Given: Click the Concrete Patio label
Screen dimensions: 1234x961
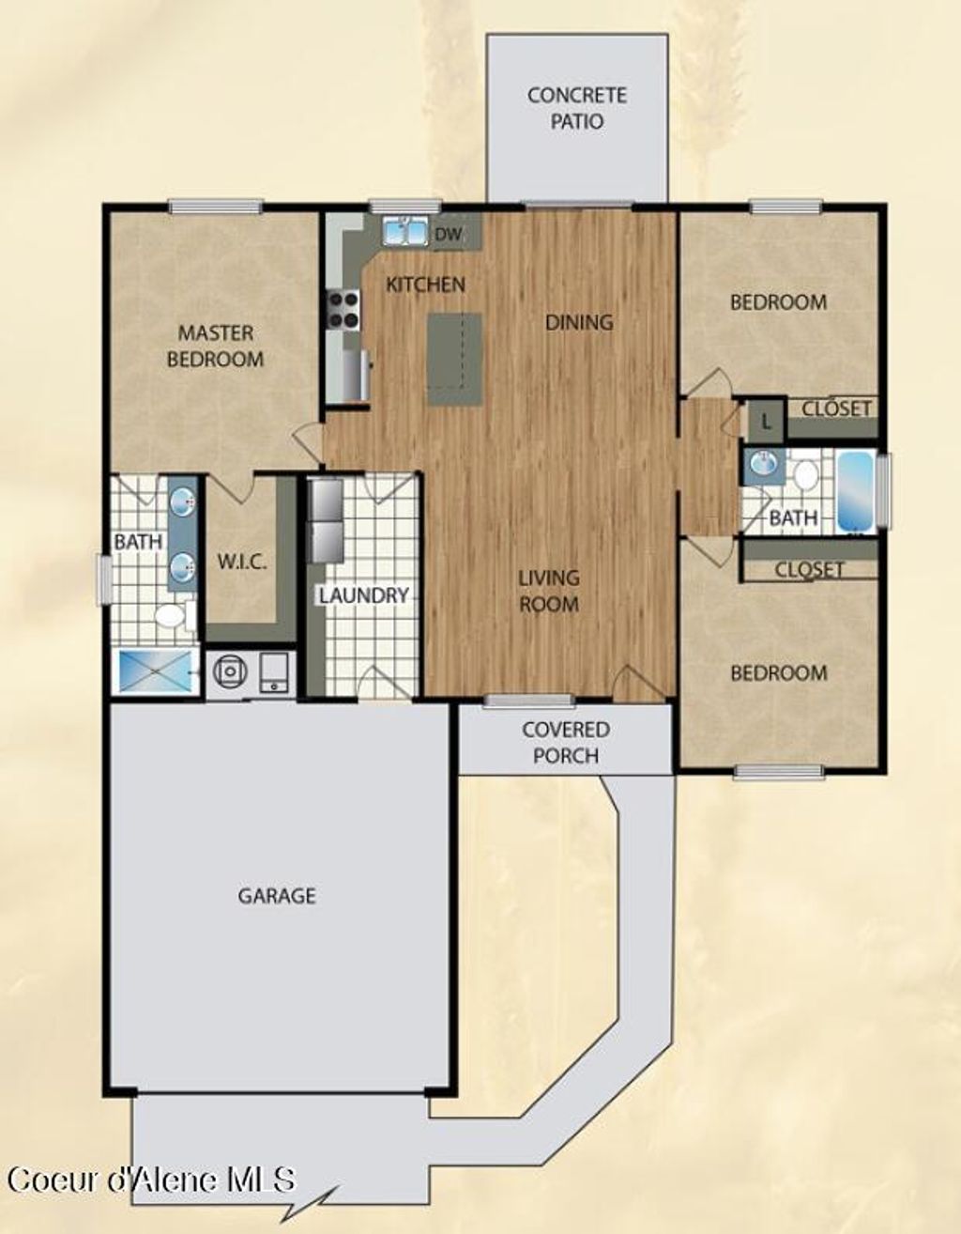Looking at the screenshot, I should [576, 108].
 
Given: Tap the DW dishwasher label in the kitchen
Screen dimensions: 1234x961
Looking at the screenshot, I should [450, 235].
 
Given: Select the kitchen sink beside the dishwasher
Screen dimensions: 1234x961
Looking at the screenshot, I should [404, 230].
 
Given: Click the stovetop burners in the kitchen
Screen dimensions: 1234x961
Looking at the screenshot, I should [343, 309].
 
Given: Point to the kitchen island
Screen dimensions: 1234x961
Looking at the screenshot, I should [454, 359].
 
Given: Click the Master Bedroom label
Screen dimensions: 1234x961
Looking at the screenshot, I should [215, 346].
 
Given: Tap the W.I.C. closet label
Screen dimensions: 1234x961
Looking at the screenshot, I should [242, 563].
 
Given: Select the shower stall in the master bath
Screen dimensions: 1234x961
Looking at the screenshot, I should [155, 671].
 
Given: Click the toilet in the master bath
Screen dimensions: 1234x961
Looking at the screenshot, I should [172, 616].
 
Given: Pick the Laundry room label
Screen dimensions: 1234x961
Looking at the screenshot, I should [363, 595].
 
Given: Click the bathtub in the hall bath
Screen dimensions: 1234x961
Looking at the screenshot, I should [855, 491].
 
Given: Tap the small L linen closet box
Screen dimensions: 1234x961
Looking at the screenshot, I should [766, 423].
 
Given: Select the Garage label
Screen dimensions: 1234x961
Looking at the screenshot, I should [276, 896].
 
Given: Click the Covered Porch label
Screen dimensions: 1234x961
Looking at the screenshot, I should [565, 742].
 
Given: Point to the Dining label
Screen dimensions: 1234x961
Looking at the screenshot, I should [579, 322].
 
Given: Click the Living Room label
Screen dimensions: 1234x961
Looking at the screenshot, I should [549, 591].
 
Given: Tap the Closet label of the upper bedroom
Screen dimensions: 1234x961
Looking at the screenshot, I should [836, 409].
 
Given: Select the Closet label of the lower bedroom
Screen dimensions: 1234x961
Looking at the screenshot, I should [809, 569].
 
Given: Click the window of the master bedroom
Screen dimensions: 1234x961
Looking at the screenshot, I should [215, 207].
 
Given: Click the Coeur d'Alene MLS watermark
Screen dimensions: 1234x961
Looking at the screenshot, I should [151, 1179].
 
